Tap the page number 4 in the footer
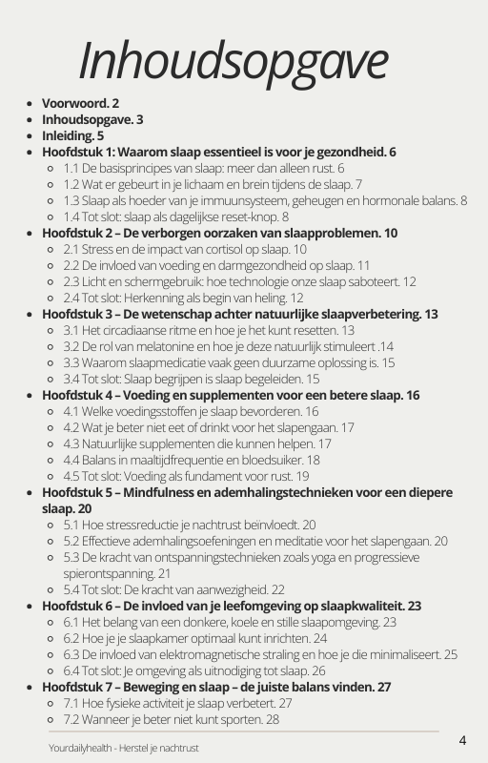pyautogui.click(x=462, y=740)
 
